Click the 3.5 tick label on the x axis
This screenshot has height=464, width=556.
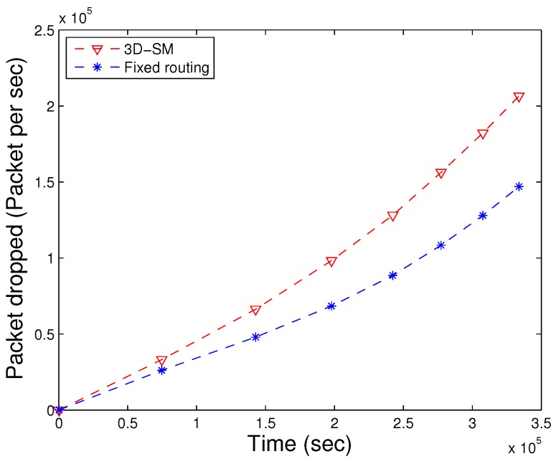click(x=541, y=425)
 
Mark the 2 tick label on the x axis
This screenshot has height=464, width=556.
click(x=334, y=425)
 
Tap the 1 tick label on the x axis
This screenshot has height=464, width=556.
click(x=197, y=425)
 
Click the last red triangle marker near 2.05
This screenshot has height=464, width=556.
click(x=519, y=97)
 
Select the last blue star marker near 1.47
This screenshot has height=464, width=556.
click(x=519, y=186)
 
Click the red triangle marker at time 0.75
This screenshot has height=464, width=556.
click(x=161, y=361)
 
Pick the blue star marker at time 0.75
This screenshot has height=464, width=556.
click(x=161, y=370)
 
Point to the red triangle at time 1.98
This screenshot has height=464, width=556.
click(x=331, y=261)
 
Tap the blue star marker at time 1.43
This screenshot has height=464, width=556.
click(x=255, y=336)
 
